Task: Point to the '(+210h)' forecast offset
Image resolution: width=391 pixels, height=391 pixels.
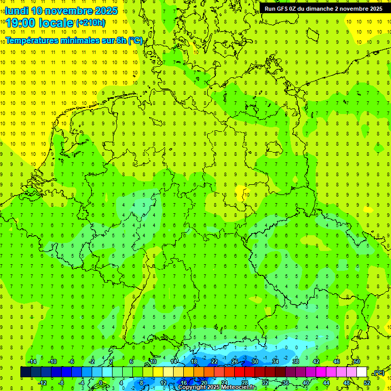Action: (91, 23)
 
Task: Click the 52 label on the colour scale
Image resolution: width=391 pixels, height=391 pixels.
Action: (367, 383)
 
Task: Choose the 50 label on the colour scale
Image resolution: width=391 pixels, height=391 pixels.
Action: (357, 361)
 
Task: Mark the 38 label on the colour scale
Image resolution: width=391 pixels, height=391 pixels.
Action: (296, 361)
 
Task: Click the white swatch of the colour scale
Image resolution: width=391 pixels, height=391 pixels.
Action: (362, 372)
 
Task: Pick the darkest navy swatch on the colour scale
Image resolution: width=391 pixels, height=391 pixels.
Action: (25, 372)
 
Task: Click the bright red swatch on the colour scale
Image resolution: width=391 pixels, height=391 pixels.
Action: (240, 372)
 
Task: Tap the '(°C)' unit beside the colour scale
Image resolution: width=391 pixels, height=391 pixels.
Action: (379, 373)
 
